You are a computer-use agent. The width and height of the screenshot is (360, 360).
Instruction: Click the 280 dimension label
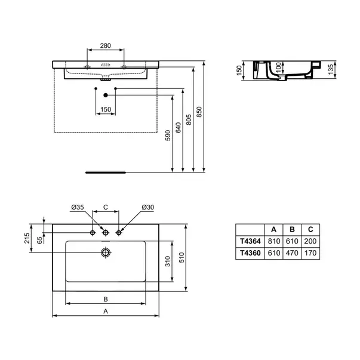point(106,46)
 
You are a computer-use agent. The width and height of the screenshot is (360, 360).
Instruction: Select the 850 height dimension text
point(199,112)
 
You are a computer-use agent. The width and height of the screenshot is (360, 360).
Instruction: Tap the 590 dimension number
point(168,136)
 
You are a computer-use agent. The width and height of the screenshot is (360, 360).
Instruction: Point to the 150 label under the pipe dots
point(106,109)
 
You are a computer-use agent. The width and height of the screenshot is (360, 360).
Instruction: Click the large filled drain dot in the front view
point(106,95)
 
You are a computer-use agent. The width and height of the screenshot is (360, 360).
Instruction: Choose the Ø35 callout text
point(78,207)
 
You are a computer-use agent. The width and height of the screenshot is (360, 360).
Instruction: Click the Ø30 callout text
point(148,207)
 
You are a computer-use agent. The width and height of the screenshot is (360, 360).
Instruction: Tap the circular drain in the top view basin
point(106,253)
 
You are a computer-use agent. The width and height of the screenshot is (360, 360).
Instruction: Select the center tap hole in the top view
point(106,233)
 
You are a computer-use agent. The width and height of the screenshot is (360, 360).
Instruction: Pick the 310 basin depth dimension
point(168,261)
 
